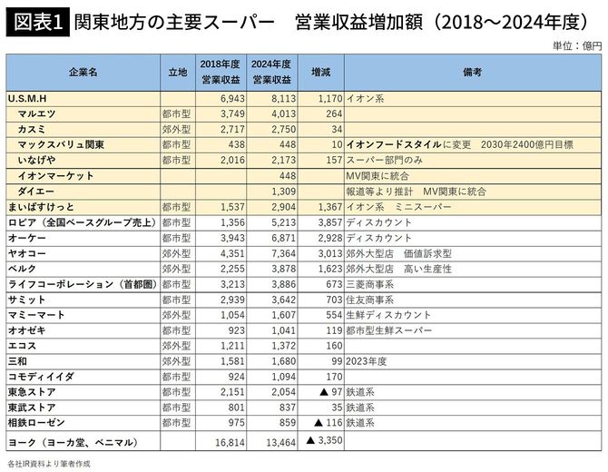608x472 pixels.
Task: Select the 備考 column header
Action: tap(471, 72)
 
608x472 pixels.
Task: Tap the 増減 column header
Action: tap(321, 72)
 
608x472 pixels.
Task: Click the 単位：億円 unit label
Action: tap(576, 45)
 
